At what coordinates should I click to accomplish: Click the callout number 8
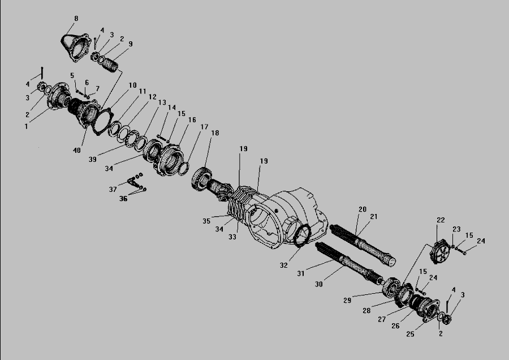[76, 19]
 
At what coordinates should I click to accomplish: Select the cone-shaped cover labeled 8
[76, 48]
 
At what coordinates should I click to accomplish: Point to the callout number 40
[77, 151]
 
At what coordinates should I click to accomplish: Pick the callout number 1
[26, 127]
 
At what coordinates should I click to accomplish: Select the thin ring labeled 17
[183, 168]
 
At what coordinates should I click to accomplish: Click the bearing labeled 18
[202, 178]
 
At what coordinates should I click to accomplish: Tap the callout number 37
[113, 189]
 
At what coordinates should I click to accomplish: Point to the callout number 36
[123, 199]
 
